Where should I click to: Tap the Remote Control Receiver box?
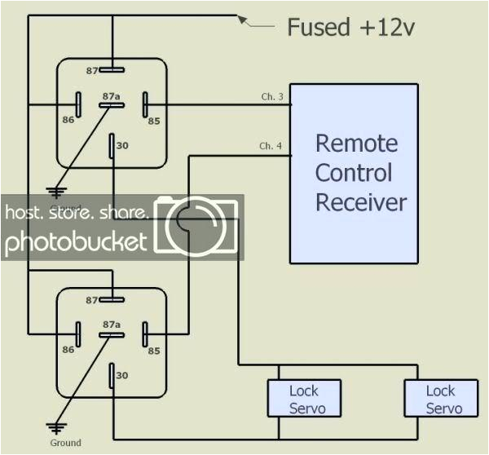(355, 173)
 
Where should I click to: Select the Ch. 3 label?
(271, 98)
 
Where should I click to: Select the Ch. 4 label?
(271, 146)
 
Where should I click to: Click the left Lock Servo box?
(304, 399)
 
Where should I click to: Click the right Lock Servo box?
(441, 399)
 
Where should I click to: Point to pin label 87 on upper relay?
(93, 71)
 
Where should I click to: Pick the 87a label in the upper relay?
(112, 96)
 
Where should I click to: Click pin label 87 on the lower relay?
(93, 300)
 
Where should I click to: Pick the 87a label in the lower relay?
(112, 325)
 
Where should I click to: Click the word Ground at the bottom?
(65, 443)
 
